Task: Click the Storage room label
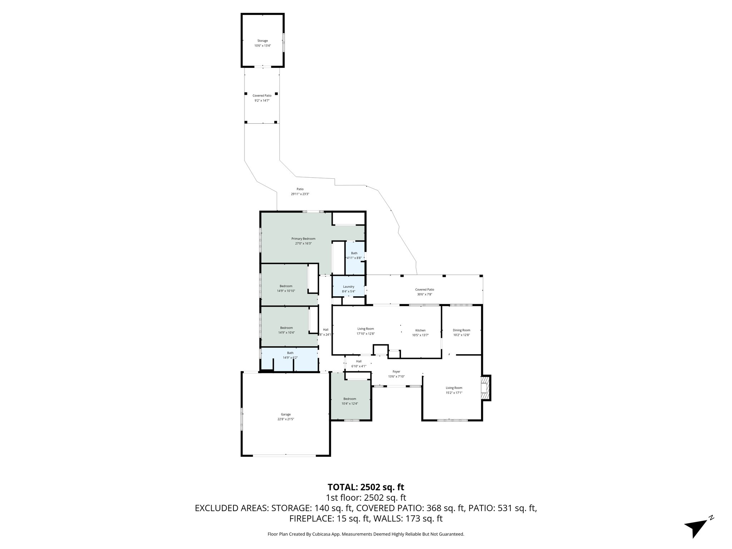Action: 262,41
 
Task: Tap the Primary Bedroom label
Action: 303,239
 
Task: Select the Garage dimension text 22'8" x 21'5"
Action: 286,419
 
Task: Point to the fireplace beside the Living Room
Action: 485,388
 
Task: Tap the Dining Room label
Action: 461,330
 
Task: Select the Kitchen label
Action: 420,330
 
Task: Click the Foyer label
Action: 396,372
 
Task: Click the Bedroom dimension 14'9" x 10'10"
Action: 286,291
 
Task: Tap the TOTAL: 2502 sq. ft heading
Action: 366,487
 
